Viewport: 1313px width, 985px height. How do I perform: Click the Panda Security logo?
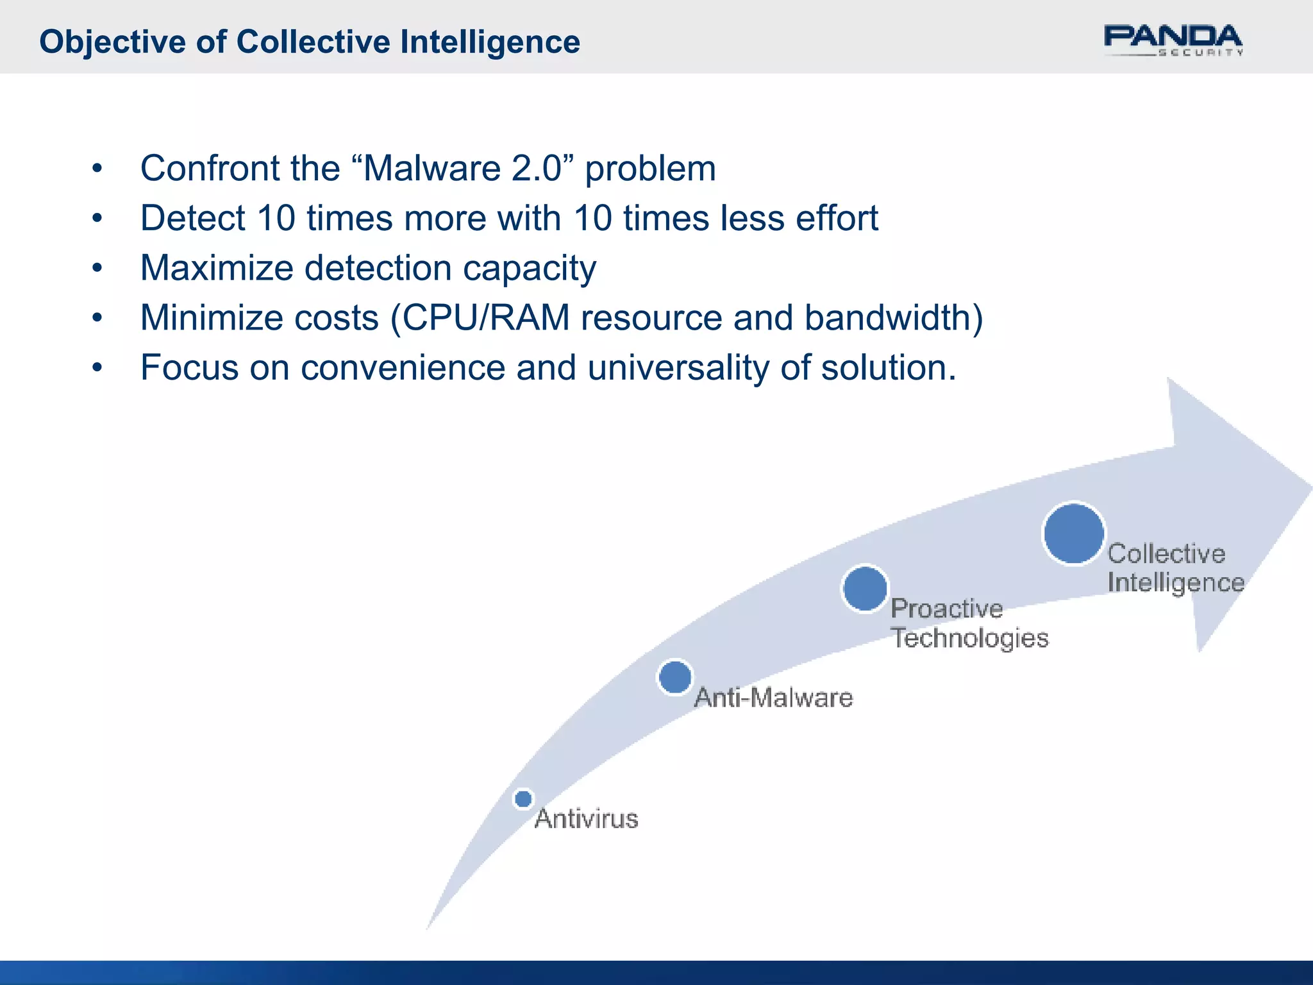[1173, 40]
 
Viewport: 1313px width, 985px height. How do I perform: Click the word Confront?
[210, 169]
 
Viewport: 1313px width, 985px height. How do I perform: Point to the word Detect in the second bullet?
[192, 218]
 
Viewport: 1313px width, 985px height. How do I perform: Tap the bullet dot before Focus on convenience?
[97, 368]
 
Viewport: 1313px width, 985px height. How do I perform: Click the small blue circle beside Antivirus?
[523, 799]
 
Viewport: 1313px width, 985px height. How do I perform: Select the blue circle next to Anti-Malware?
[674, 677]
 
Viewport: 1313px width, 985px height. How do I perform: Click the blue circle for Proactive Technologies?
[864, 589]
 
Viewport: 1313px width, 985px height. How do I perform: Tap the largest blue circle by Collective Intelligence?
[1073, 534]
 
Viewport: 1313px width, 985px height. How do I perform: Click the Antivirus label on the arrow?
[586, 819]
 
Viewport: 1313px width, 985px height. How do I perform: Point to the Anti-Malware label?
[773, 698]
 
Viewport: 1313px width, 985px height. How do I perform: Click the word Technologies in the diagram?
[969, 638]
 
